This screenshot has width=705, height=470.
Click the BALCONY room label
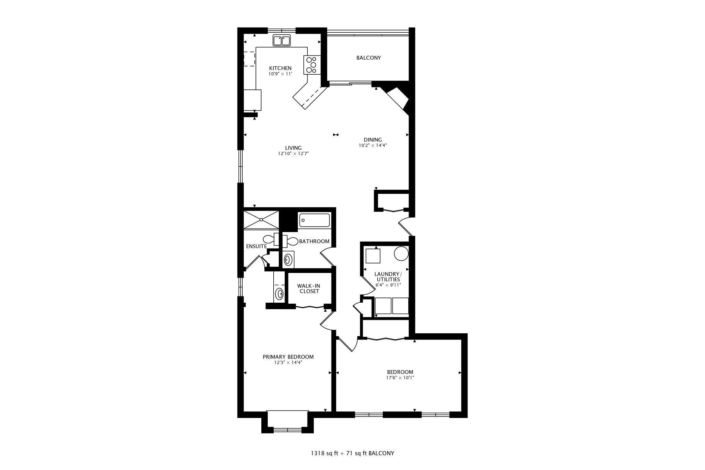click(368, 58)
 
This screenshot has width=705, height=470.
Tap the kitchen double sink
click(282, 40)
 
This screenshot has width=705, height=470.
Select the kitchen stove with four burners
click(312, 65)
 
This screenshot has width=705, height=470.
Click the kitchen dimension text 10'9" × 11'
click(280, 74)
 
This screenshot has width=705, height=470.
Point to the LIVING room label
click(293, 148)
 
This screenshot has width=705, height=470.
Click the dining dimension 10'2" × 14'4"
click(373, 145)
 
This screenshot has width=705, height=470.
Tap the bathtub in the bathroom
click(314, 220)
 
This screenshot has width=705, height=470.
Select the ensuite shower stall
click(261, 219)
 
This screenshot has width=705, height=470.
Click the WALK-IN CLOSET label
click(309, 289)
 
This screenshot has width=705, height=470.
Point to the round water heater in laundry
click(401, 254)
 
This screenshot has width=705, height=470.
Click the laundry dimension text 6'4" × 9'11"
click(388, 285)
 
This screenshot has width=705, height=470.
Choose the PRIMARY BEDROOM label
click(288, 357)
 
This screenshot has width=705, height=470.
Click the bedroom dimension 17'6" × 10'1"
click(400, 377)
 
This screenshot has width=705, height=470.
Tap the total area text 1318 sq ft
click(325, 453)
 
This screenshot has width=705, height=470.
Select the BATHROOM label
click(314, 241)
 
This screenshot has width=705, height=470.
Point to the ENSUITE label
click(256, 247)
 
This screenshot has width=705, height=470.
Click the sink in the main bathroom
click(288, 260)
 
